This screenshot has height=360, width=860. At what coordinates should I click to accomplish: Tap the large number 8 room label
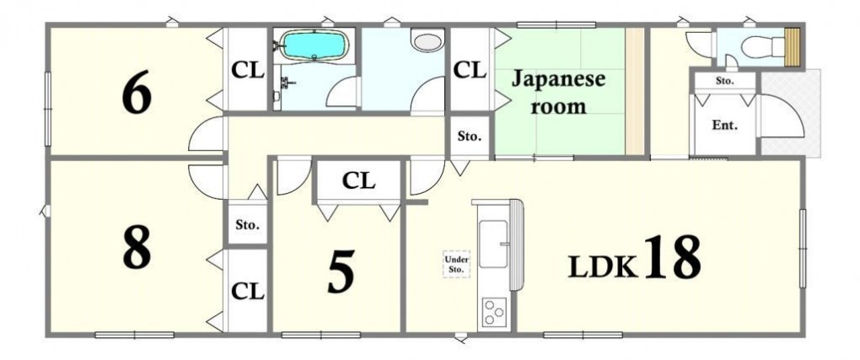pos(137,250)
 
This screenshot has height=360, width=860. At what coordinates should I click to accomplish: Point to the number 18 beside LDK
pos(673,256)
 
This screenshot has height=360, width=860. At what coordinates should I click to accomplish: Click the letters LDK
pos(603,266)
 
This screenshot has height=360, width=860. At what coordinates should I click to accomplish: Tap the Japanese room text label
pos(558,92)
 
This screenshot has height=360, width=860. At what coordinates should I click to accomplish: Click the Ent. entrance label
pos(724,125)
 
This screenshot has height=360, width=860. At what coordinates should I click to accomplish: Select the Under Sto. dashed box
pos(456,265)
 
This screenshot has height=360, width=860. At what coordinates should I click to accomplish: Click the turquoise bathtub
pos(314,45)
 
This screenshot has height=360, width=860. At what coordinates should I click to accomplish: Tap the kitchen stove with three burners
pos(495,313)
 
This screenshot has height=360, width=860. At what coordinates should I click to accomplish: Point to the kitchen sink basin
pos(493,244)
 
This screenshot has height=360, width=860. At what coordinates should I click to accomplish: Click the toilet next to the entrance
pos(763,46)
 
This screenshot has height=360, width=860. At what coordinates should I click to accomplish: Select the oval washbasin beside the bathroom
pos(427,41)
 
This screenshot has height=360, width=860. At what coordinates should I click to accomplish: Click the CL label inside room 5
pos(358,180)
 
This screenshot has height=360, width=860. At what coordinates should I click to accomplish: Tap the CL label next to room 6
pos(248,70)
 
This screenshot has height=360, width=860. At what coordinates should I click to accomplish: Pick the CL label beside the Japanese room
pos(470,70)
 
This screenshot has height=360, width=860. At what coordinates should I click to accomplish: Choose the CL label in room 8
pos(248,292)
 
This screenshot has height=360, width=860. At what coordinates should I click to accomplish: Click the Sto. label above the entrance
pos(724,81)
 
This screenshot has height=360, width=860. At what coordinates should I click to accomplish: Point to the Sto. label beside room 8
pos(247,224)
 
